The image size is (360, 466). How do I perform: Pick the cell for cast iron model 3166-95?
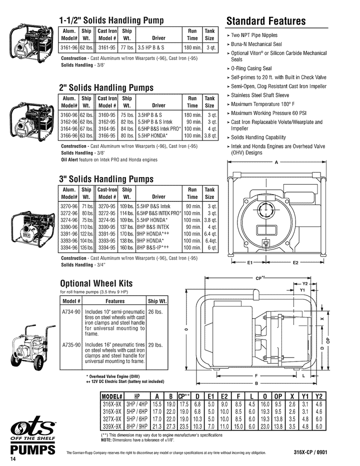107,135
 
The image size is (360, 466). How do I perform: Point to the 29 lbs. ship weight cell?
156,345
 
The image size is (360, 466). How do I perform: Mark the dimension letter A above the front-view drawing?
276,162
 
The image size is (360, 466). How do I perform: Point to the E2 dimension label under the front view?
295,262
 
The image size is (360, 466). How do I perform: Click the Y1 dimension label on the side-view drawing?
302,290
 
